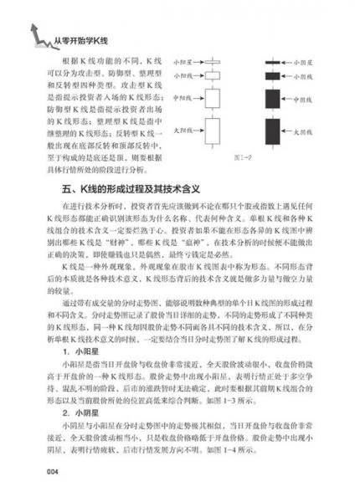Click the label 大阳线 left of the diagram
tap(178, 131)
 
